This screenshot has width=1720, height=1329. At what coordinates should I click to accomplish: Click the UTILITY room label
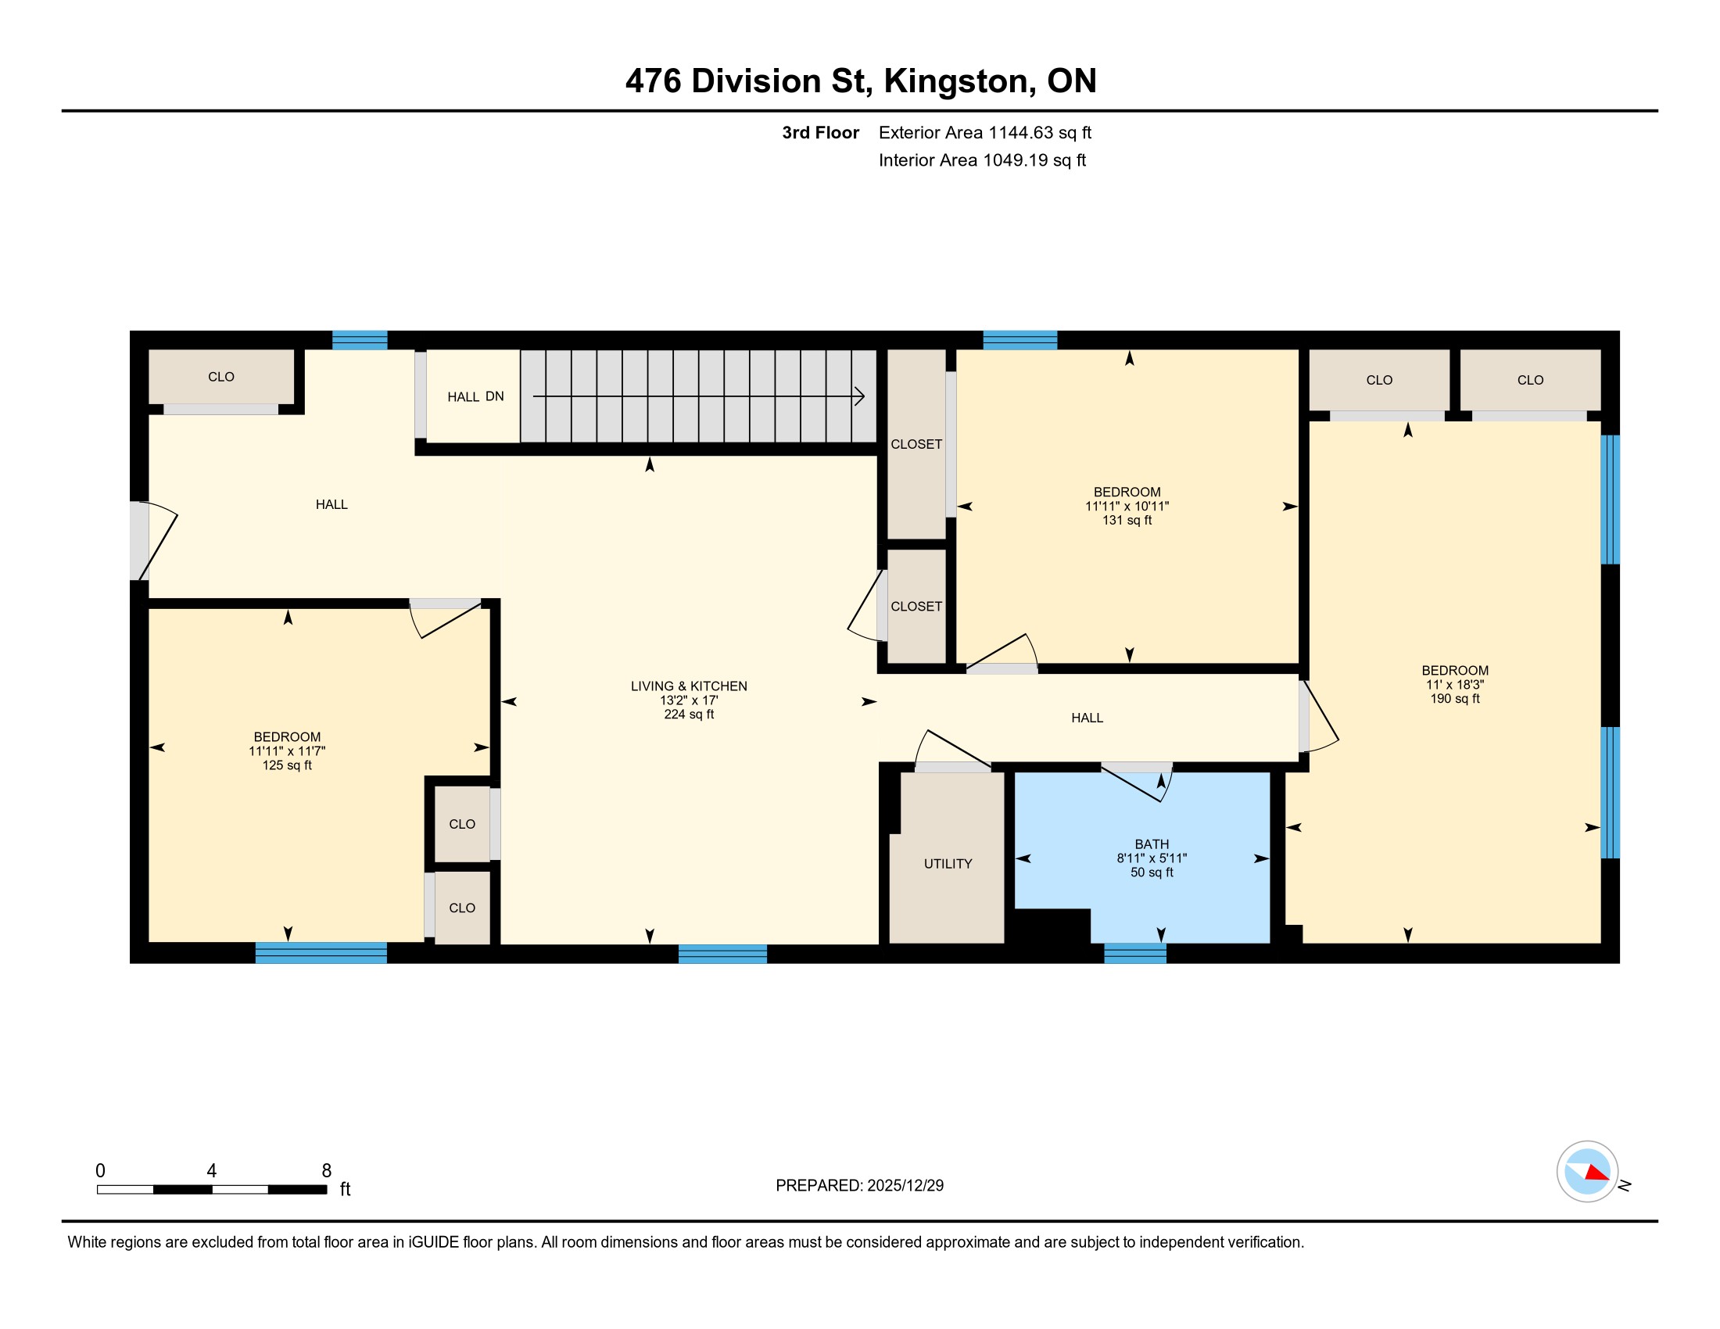948,864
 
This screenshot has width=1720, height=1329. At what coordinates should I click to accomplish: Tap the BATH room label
1152,844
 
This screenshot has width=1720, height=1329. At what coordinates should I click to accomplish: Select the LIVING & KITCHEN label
688,686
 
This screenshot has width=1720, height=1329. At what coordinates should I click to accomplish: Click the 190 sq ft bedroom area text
1455,698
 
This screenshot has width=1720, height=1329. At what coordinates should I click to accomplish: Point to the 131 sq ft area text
1126,521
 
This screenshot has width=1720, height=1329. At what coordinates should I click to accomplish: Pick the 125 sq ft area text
287,765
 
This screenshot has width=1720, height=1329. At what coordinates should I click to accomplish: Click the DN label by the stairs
495,396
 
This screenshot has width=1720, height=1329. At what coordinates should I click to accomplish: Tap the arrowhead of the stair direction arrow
860,396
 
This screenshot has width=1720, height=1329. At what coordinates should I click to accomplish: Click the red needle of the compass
1596,1173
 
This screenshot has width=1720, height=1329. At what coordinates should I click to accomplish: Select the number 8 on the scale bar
326,1171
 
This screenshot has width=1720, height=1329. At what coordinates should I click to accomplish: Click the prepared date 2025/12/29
905,1186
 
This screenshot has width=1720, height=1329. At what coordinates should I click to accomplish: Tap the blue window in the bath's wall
1135,953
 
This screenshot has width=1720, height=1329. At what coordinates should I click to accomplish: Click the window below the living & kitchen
722,954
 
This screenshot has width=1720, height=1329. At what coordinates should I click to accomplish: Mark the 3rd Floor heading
820,132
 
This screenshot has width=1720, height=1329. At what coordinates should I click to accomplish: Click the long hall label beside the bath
1087,718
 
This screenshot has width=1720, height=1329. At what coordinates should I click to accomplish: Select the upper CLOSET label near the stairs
916,444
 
